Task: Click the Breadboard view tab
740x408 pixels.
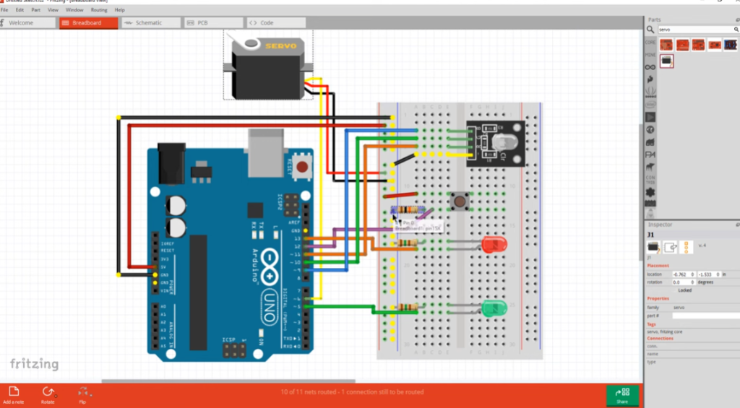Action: [x=87, y=23]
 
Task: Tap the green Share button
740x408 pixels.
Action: [x=621, y=395]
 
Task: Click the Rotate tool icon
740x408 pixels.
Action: [x=48, y=391]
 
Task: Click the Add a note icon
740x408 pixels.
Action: [x=14, y=391]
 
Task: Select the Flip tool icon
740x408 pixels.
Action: [x=82, y=391]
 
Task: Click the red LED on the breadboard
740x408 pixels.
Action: [x=494, y=245]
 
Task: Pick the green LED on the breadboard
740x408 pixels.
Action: [x=493, y=309]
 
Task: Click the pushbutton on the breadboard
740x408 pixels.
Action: [x=457, y=201]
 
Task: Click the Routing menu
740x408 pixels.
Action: [x=99, y=10]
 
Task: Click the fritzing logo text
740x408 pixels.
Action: [x=34, y=364]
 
